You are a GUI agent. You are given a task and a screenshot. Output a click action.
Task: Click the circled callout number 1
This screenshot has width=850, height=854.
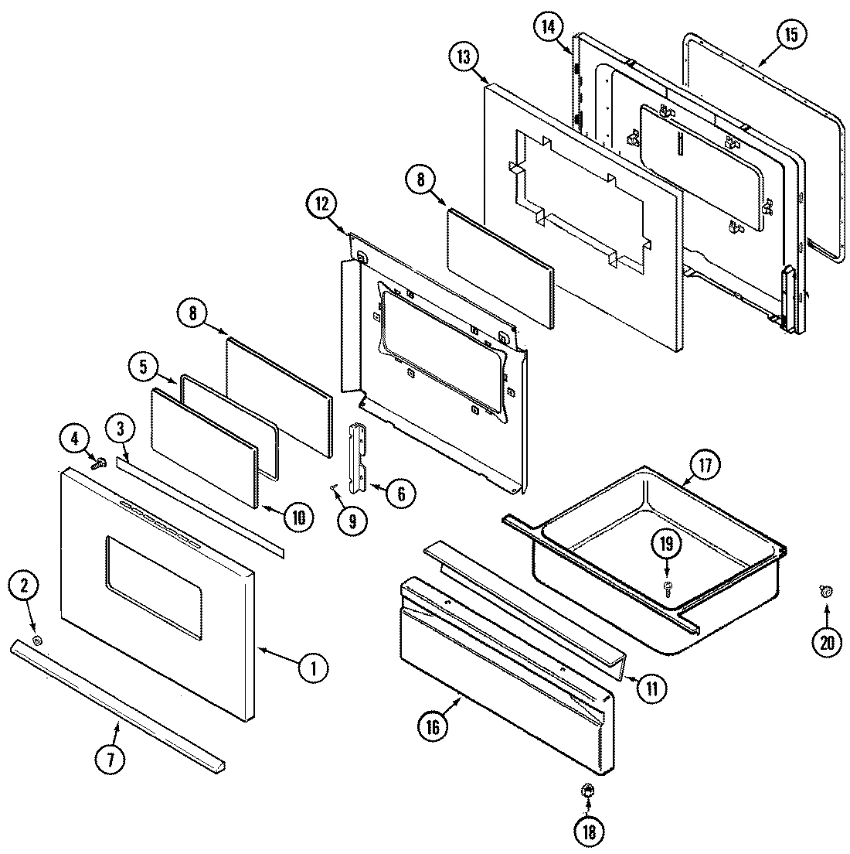(x=314, y=668)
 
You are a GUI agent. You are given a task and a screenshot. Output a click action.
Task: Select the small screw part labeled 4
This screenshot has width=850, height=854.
(x=99, y=463)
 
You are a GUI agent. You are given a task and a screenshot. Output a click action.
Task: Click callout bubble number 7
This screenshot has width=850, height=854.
(x=110, y=760)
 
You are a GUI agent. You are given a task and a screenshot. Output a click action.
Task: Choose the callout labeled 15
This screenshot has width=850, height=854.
(x=792, y=35)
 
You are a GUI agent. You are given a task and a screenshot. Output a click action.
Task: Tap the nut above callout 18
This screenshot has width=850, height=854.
(x=586, y=791)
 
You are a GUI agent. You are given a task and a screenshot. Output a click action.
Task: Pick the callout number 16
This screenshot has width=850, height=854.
(x=433, y=727)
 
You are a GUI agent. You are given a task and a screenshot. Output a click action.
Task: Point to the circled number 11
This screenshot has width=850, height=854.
(x=651, y=688)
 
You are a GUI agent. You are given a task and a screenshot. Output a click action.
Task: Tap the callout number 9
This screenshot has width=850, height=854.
(x=352, y=521)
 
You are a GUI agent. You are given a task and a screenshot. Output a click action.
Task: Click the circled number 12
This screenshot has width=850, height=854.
(x=321, y=205)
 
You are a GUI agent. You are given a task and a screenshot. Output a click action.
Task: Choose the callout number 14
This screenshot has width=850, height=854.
(x=547, y=26)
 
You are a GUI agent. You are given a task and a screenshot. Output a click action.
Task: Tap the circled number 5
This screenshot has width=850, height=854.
(x=144, y=368)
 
